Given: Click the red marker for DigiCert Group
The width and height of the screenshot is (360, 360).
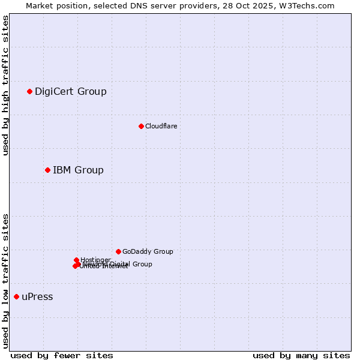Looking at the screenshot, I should [x=29, y=91].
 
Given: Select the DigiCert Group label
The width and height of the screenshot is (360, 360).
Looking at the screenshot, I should [x=70, y=92].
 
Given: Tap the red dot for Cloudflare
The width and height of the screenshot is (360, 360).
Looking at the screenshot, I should [x=141, y=126].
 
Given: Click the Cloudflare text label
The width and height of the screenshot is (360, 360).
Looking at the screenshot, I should [x=161, y=126].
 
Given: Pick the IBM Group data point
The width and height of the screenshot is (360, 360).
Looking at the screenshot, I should [x=47, y=170].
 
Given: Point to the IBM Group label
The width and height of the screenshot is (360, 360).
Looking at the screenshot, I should [x=78, y=170].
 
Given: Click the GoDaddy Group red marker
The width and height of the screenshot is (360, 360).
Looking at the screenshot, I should [x=118, y=251].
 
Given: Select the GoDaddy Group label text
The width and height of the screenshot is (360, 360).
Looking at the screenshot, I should [x=148, y=252].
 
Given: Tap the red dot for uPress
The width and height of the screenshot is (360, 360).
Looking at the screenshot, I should [x=16, y=296].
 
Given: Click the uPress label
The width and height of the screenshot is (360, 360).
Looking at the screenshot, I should [x=37, y=297].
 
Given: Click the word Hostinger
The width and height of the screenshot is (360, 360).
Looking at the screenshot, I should [x=95, y=260].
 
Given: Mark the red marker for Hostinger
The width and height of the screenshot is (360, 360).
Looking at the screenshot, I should [x=76, y=260].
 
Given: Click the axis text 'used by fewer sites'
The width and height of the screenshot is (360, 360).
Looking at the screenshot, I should [x=62, y=355].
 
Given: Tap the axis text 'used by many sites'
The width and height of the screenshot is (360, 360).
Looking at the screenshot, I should [x=301, y=355].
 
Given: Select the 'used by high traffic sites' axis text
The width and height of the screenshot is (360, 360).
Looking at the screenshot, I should [x=6, y=85].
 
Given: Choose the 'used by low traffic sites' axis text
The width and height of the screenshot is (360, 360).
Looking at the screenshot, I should [x=6, y=280].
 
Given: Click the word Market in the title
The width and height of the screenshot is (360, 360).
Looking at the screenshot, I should [x=40, y=5].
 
